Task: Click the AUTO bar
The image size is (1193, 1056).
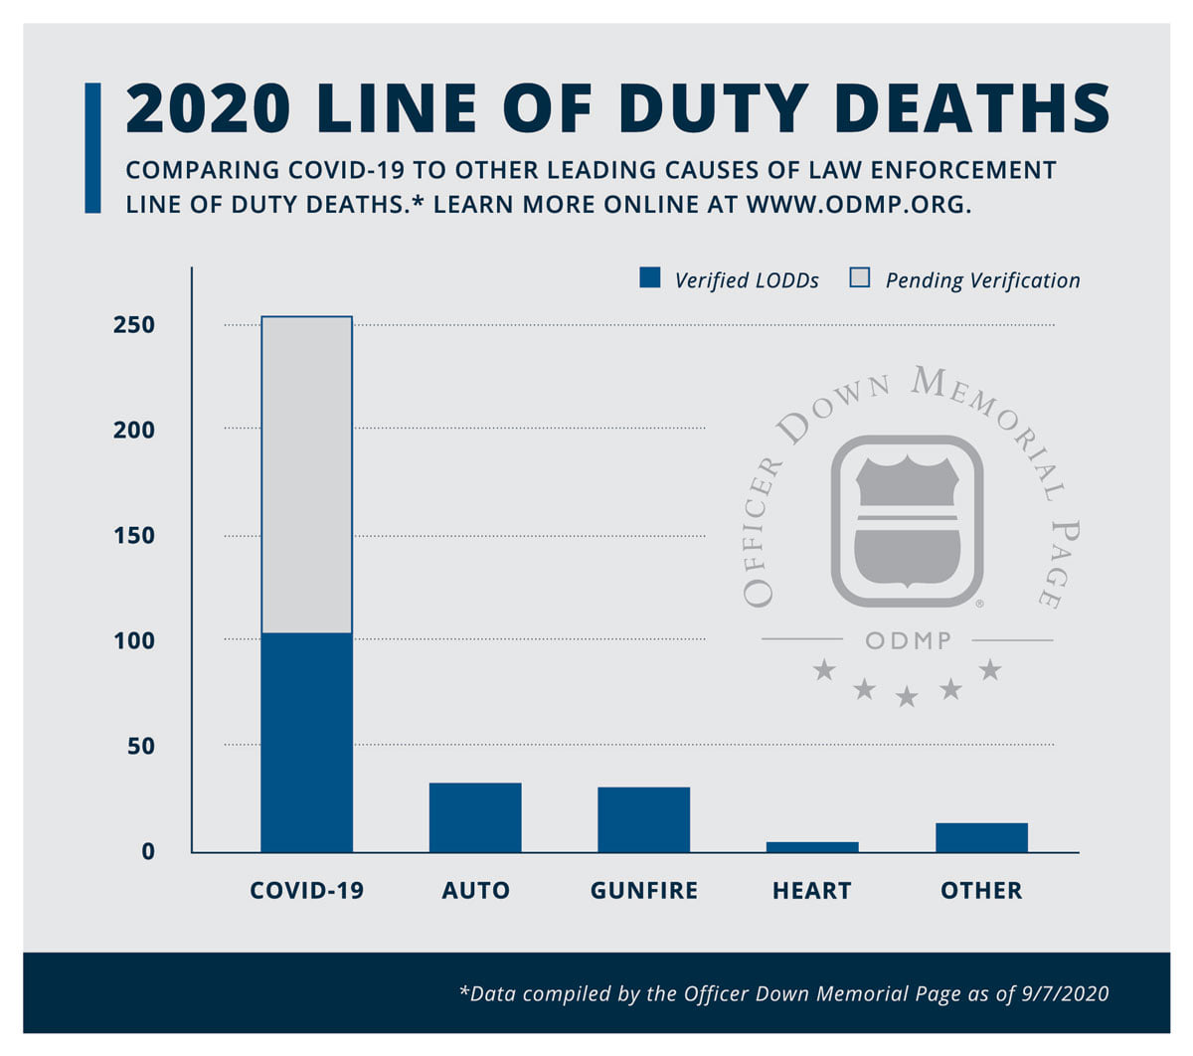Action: click(x=474, y=816)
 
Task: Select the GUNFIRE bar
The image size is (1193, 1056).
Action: click(x=643, y=818)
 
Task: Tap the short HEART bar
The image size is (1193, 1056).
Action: click(x=811, y=846)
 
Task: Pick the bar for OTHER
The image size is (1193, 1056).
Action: click(x=981, y=837)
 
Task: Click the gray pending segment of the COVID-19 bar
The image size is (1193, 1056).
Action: click(x=306, y=474)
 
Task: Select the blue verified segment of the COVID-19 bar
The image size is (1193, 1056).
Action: click(x=306, y=742)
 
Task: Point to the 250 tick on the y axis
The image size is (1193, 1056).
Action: click(x=133, y=324)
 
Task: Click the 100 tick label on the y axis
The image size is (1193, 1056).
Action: click(x=133, y=640)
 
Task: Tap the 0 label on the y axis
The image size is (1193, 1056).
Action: click(x=148, y=851)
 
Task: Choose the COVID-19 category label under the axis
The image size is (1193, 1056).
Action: click(x=306, y=890)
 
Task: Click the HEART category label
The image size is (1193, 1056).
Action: click(x=811, y=890)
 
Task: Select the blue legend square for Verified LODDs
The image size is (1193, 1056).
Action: click(x=649, y=277)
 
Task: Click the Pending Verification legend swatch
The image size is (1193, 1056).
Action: click(x=859, y=277)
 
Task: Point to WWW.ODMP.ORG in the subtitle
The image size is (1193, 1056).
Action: click(x=859, y=205)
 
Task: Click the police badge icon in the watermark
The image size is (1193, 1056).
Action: click(x=907, y=521)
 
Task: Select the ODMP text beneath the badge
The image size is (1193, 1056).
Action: click(x=908, y=640)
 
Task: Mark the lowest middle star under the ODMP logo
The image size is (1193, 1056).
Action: click(x=907, y=697)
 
